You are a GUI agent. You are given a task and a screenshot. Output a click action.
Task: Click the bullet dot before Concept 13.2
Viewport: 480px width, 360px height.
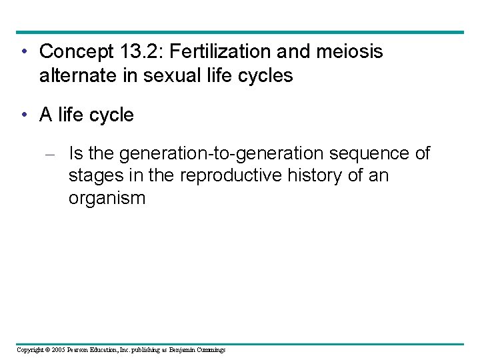(x=23, y=51)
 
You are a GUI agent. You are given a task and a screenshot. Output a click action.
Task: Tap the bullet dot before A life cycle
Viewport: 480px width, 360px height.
(x=23, y=115)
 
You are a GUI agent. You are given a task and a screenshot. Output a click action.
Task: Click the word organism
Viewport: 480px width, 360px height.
(x=107, y=199)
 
